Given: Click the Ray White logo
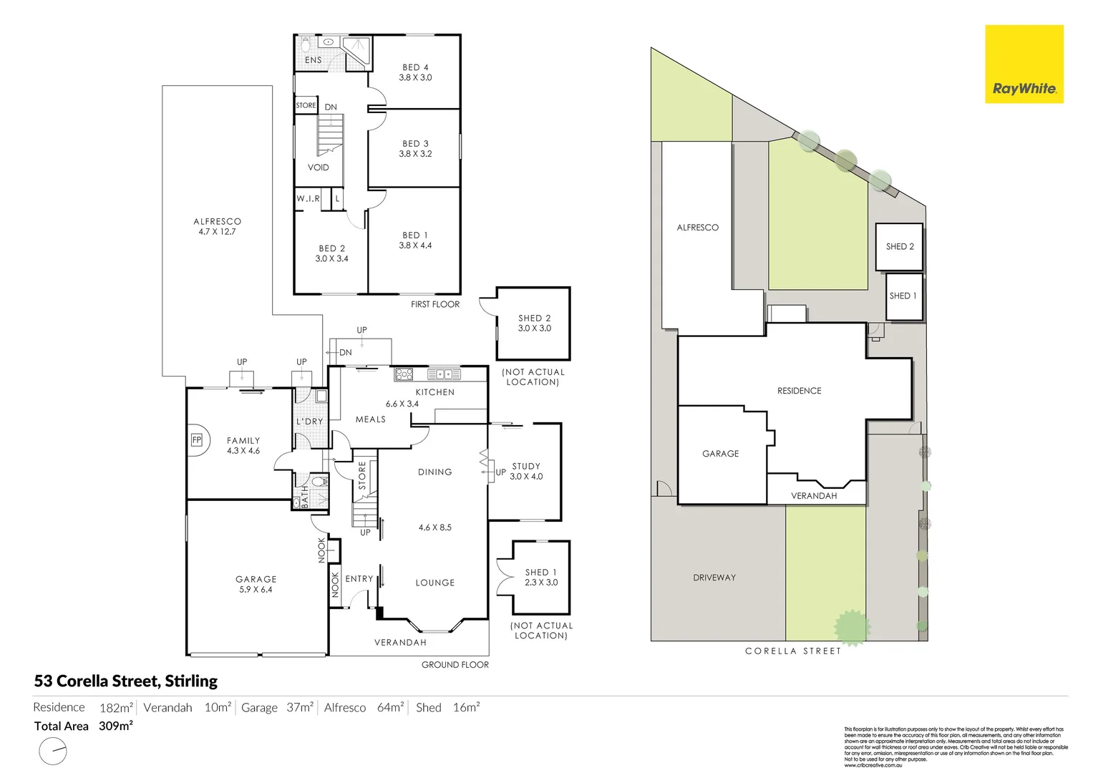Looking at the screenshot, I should [x=1024, y=64].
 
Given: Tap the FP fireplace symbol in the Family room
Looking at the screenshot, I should [x=197, y=440].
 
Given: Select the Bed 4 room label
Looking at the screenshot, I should [x=415, y=67].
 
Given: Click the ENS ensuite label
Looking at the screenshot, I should [x=314, y=60].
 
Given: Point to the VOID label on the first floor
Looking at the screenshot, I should [x=319, y=167].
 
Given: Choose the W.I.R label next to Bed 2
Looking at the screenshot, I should [x=309, y=199].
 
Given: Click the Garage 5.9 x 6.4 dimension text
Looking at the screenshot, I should [x=256, y=590].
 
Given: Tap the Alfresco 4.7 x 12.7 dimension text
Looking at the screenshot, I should [x=217, y=232].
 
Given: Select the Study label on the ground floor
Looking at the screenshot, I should [x=526, y=466].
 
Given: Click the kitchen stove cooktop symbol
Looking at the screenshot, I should [x=404, y=374].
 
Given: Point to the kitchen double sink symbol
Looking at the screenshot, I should [x=444, y=374].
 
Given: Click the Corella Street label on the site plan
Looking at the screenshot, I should [x=793, y=651].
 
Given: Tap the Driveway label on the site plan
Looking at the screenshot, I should [x=714, y=578].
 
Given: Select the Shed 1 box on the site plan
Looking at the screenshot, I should [x=903, y=296].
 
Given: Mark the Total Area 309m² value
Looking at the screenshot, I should [x=116, y=726].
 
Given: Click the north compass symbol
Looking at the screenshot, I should [x=53, y=752].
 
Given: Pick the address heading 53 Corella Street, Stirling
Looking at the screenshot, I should [x=126, y=681].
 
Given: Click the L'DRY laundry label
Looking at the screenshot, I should [x=310, y=422].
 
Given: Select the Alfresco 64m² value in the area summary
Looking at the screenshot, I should [x=390, y=707].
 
